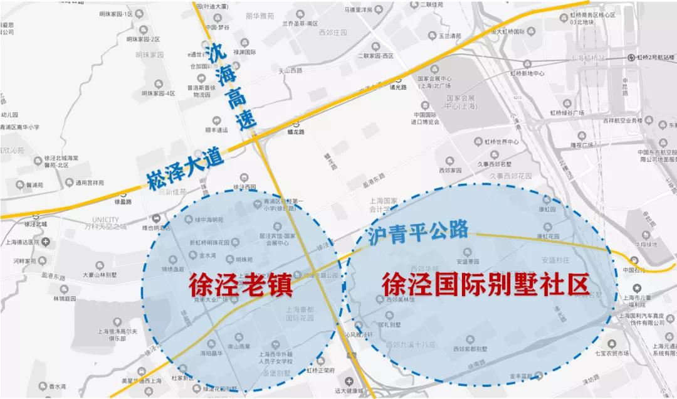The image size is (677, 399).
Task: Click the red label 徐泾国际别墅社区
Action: pos(486,285)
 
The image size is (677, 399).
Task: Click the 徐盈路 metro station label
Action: pos(123,201)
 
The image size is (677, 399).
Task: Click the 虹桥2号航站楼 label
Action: pos(654,57)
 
